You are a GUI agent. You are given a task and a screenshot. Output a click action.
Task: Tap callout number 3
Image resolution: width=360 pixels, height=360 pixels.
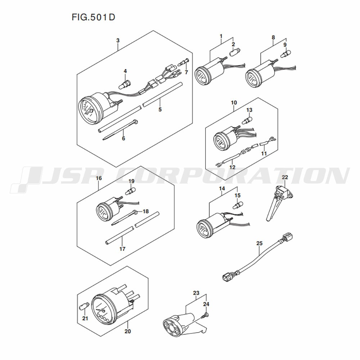click(118, 41)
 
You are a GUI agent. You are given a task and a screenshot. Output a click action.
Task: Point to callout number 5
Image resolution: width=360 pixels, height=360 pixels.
click(160, 110)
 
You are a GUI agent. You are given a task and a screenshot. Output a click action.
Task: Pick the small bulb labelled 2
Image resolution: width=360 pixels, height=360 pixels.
click(233, 53)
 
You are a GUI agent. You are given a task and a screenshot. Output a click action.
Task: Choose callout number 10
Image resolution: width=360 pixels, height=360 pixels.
click(234, 103)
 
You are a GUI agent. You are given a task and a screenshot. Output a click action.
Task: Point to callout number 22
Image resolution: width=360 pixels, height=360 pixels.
click(285, 177)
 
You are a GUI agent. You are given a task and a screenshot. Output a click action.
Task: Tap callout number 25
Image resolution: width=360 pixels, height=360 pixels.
click(259, 244)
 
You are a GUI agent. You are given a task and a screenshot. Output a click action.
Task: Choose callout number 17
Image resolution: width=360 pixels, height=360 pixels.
click(122, 249)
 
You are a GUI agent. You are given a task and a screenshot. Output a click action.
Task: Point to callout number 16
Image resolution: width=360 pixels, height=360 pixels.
click(99, 178)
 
